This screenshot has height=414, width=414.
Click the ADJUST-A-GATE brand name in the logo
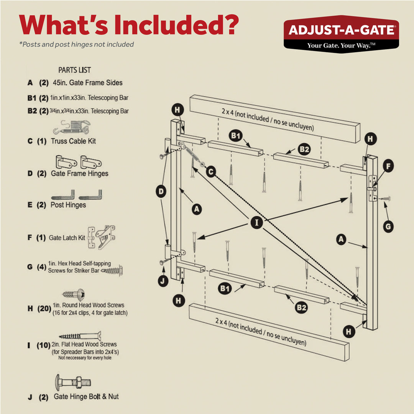341,30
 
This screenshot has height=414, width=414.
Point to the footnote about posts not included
76,44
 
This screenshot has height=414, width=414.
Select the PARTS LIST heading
74,70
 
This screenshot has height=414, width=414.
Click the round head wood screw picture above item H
73,295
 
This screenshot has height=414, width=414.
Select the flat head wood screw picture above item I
80,336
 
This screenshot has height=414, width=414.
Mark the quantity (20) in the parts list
44,308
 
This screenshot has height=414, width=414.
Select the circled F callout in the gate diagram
388,167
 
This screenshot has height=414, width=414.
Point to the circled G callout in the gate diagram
388,227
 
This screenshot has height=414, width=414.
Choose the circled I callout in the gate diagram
256,222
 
